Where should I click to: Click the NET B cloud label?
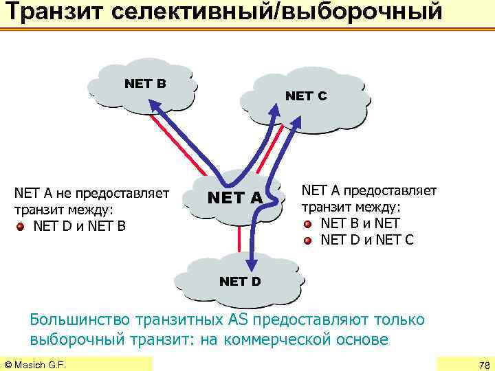tap(145, 84)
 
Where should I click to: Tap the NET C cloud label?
tap(306, 96)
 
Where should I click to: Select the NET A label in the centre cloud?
tap(235, 198)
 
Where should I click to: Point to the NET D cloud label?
tap(239, 281)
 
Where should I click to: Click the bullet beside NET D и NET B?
tap(21, 225)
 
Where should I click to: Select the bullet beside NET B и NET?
tap(309, 223)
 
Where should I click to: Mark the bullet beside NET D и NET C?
tap(309, 240)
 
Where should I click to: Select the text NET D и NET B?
tap(79, 225)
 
